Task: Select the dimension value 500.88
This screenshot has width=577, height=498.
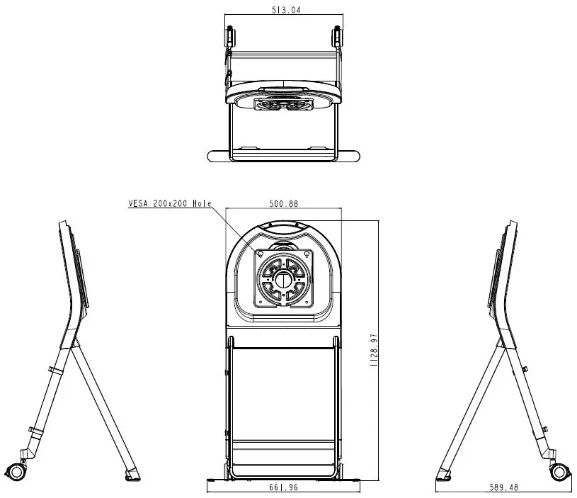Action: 283,203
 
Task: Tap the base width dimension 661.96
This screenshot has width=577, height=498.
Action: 284,487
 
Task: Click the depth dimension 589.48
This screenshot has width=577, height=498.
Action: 504,487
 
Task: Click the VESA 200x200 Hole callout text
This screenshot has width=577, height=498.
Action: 169,203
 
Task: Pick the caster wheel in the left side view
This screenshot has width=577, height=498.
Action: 15,470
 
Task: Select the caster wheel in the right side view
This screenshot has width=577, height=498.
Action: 559,471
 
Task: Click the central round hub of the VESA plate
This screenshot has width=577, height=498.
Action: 284,278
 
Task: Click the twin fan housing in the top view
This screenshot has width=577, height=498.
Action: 283,104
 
